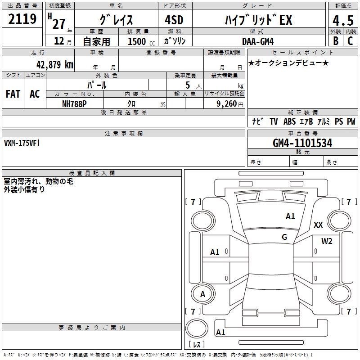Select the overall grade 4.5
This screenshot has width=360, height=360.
click(x=343, y=21)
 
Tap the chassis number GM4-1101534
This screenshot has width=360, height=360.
click(x=302, y=144)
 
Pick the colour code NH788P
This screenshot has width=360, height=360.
click(x=74, y=103)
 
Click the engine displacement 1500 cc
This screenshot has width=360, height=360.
click(x=139, y=41)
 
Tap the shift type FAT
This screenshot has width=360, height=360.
click(x=13, y=94)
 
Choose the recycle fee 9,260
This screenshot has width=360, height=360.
click(x=224, y=103)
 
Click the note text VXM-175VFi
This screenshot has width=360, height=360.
click(x=22, y=143)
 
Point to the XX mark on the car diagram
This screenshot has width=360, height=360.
click(x=318, y=225)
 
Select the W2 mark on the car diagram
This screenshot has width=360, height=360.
click(x=327, y=241)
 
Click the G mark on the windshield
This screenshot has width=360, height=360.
click(x=284, y=237)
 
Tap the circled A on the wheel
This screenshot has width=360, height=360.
click(x=202, y=294)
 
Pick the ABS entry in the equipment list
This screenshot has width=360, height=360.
click(x=289, y=121)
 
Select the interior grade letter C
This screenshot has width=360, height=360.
click(x=350, y=41)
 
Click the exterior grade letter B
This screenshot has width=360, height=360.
click(x=335, y=41)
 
